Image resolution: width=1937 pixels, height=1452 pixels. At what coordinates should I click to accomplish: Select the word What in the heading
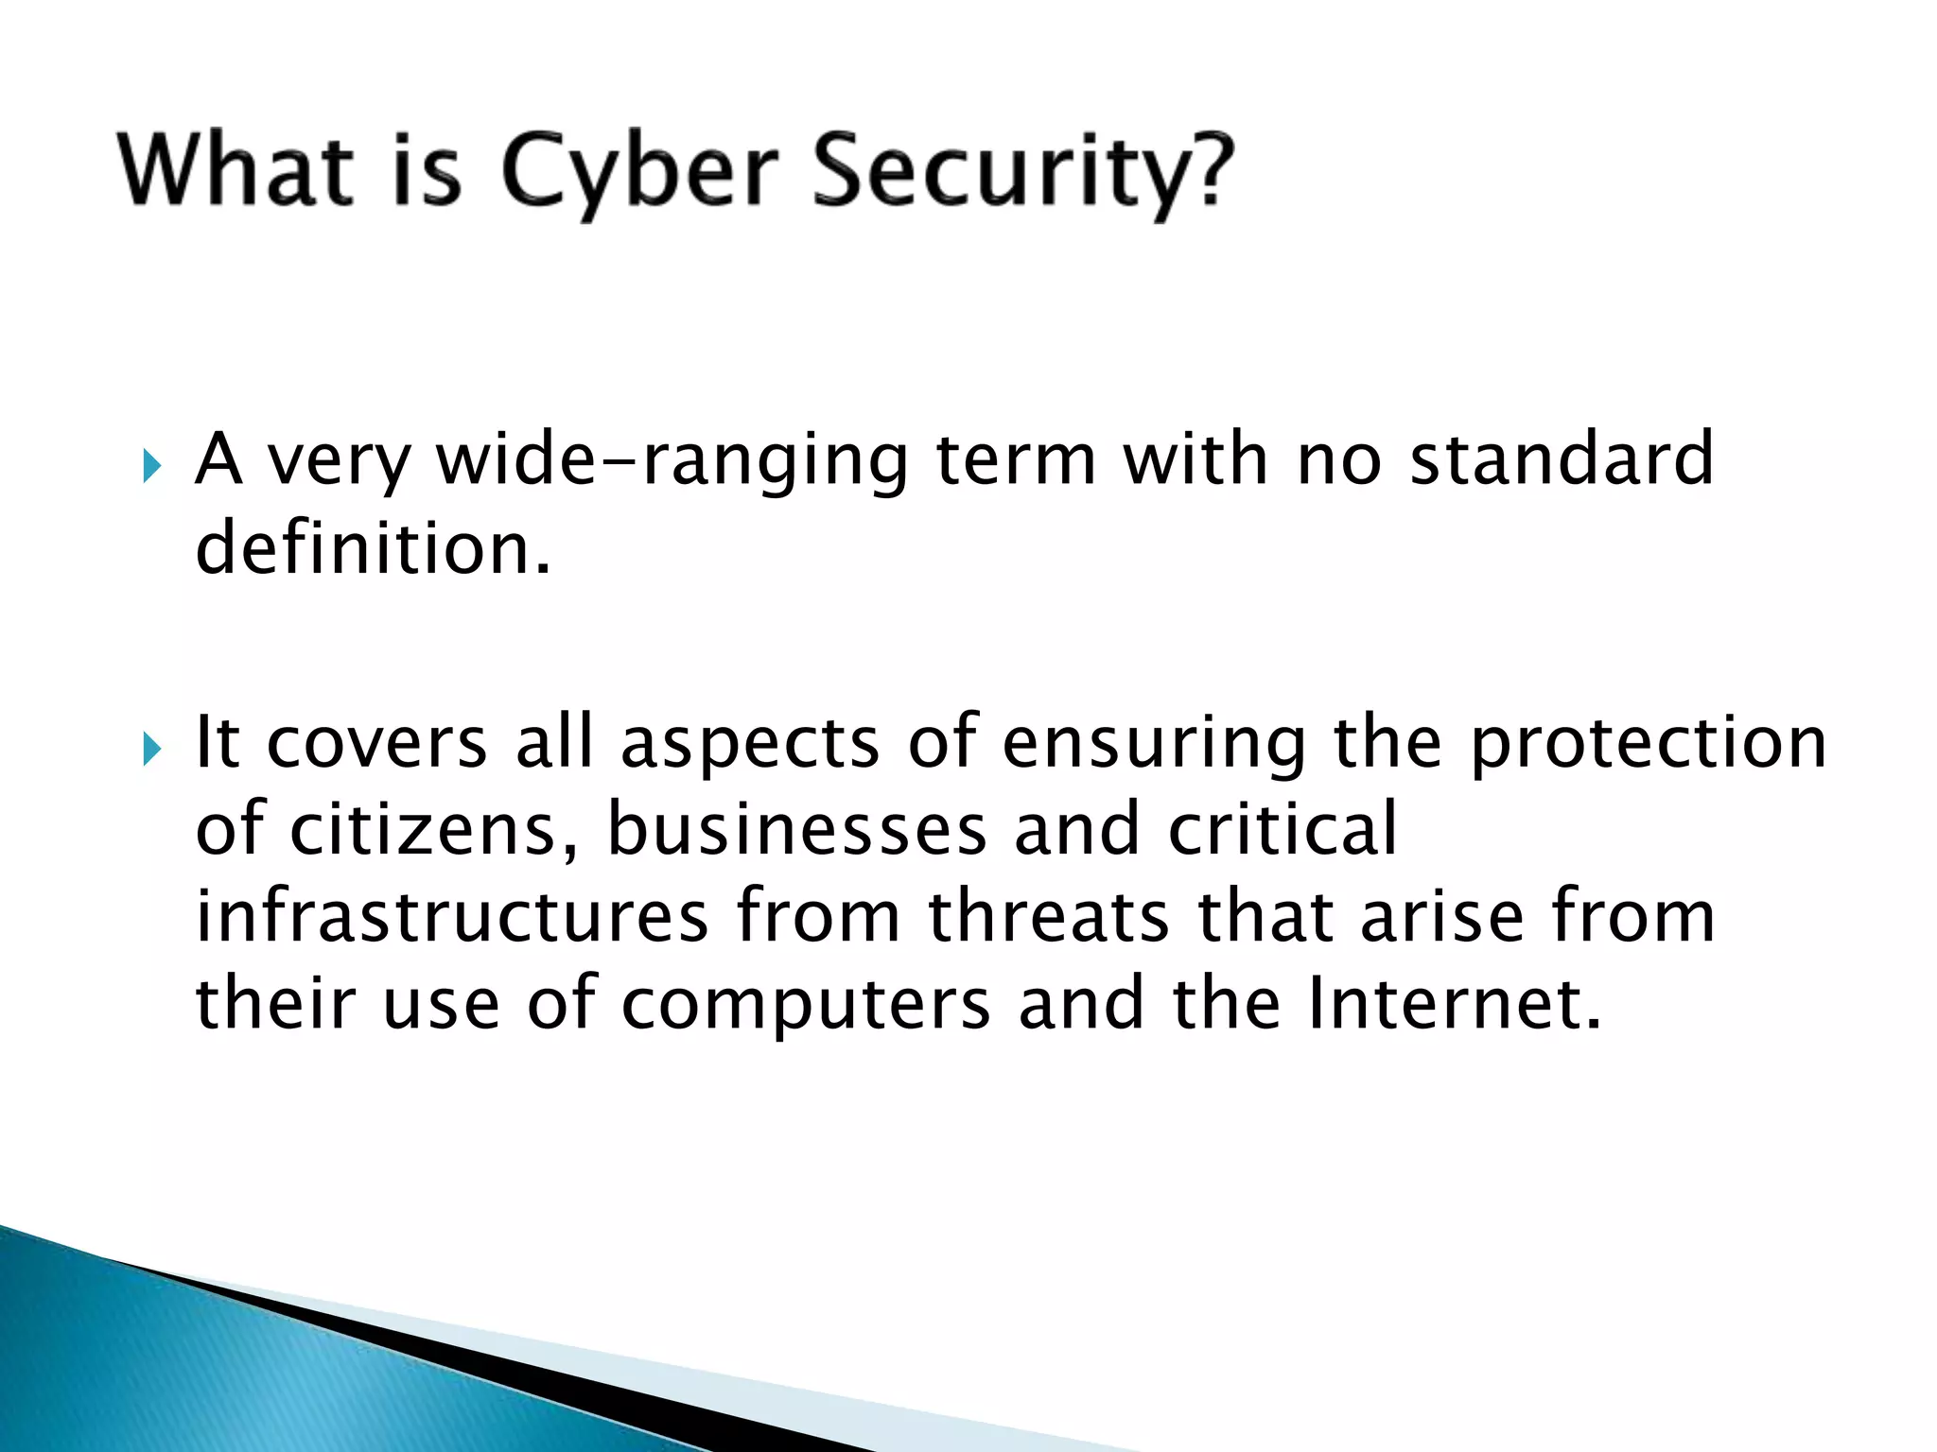[236, 170]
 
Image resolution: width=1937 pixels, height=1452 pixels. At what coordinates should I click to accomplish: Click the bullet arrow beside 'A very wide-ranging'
[151, 466]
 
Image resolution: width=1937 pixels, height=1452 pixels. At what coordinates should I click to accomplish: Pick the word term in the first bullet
[1017, 460]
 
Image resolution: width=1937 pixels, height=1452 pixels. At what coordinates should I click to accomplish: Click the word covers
[376, 743]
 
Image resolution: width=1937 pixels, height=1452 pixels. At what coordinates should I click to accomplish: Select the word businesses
[796, 829]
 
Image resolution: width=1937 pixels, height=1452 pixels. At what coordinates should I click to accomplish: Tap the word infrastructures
[452, 916]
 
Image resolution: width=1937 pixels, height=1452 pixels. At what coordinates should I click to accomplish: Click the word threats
[1049, 916]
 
